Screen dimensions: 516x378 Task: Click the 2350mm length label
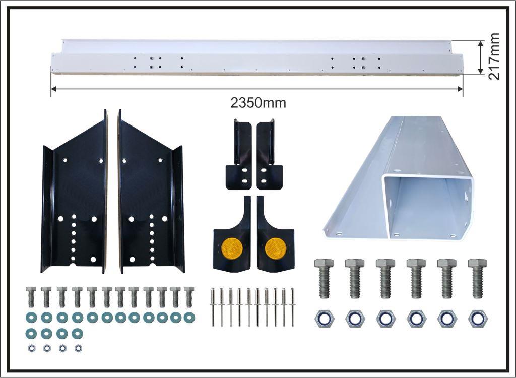tap(258, 103)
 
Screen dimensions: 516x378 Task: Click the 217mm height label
tap(494, 56)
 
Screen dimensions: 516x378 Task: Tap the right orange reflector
tap(276, 248)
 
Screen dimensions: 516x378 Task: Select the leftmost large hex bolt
tap(324, 279)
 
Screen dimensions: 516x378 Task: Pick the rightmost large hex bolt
tap(478, 279)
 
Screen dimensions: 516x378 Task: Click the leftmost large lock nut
tap(324, 319)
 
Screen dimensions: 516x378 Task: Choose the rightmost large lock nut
tap(478, 319)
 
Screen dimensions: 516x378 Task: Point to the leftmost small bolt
tap(31, 297)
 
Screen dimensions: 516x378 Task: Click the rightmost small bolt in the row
tap(189, 297)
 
